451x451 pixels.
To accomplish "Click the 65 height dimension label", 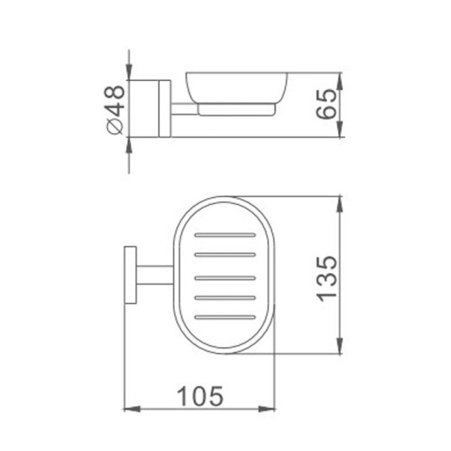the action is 326,104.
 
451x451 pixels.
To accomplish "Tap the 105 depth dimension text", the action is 200,396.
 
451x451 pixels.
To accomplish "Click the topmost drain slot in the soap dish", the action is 225,235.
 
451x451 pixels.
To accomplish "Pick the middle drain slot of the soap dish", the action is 225,278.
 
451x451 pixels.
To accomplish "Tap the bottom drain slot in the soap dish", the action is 225,317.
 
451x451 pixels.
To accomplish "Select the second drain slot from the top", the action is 225,255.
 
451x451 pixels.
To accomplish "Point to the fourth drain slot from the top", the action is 225,298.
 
